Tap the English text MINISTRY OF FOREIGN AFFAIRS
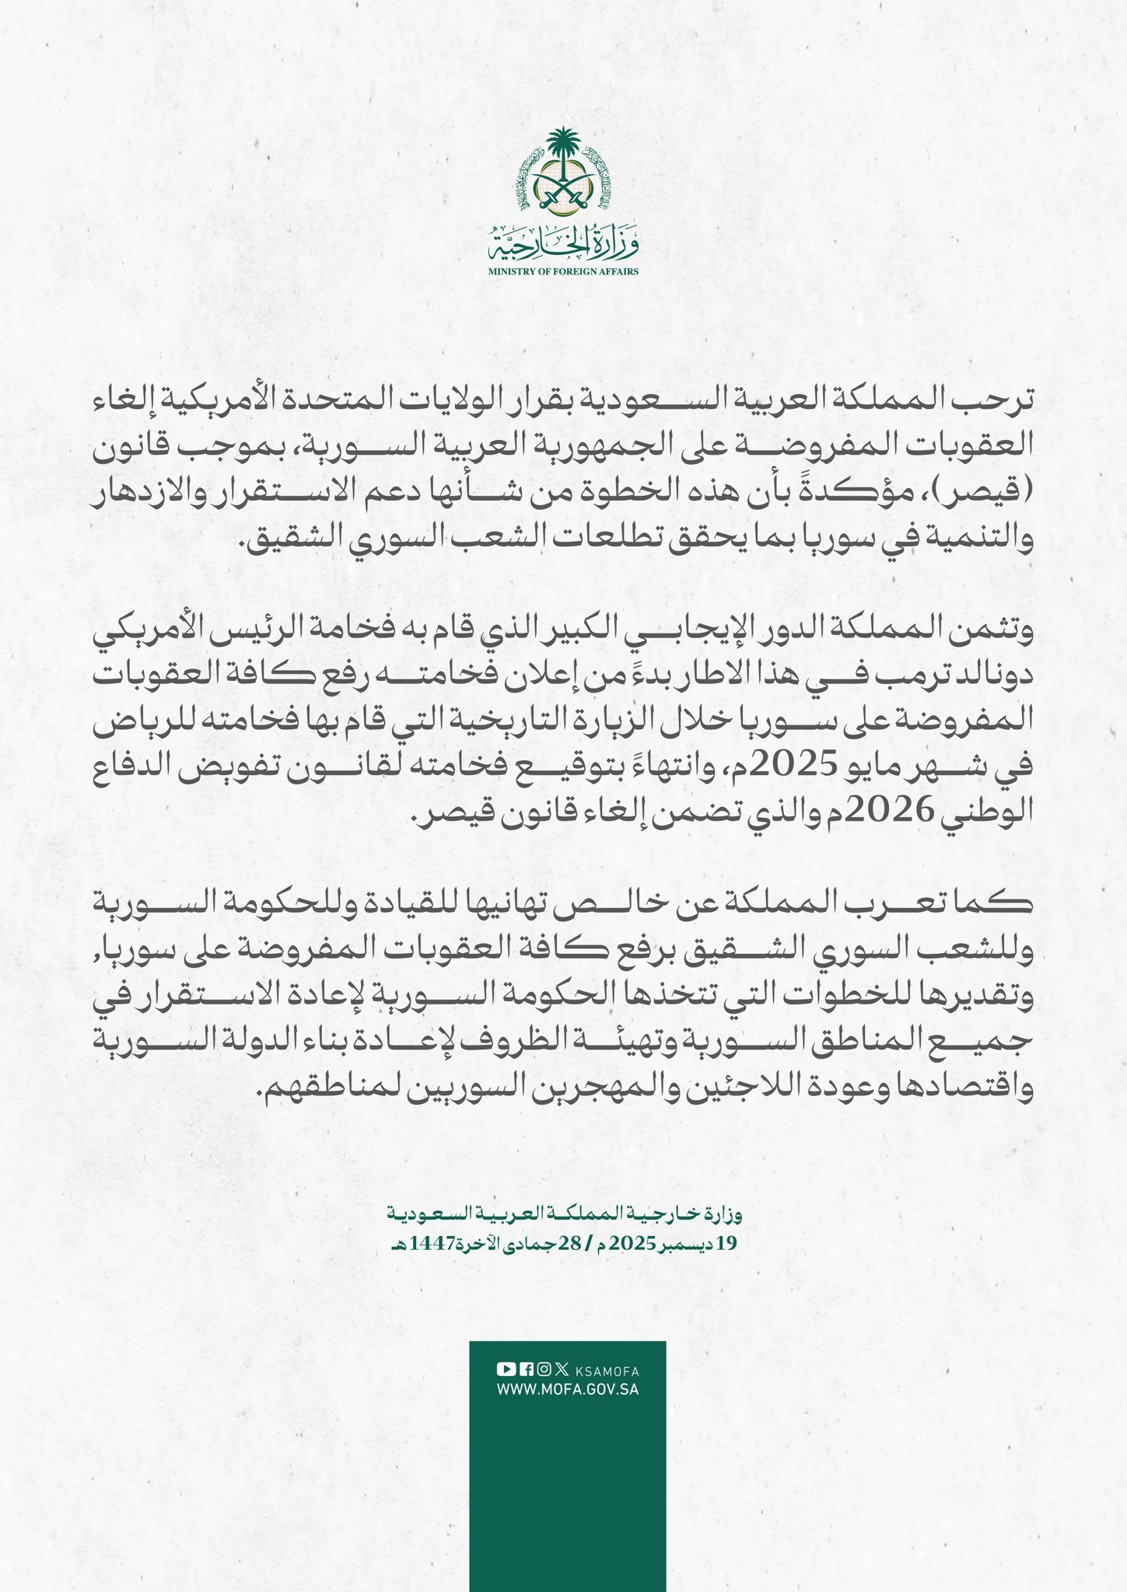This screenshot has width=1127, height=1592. (x=563, y=271)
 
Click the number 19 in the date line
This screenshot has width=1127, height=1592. (x=726, y=1244)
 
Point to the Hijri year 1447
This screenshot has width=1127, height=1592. (x=423, y=1244)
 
